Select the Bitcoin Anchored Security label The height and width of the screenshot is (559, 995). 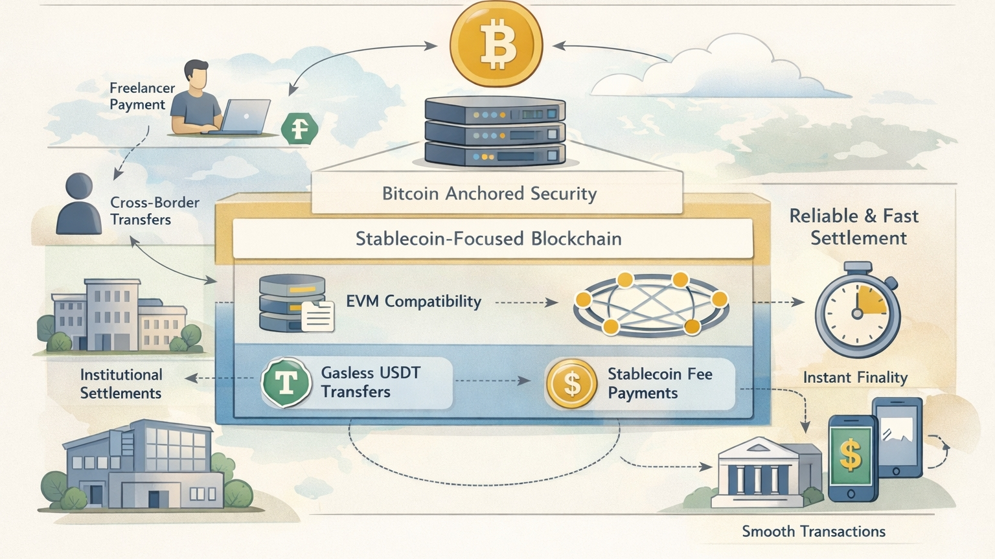(x=489, y=194)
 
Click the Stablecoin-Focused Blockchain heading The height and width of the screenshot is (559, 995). (x=488, y=239)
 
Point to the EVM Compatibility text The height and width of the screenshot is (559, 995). (x=413, y=302)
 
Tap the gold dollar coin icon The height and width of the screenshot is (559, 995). (x=571, y=383)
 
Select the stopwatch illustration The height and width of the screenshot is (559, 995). (x=857, y=311)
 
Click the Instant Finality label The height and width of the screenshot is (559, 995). (x=855, y=378)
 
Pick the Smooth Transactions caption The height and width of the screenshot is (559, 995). (x=813, y=532)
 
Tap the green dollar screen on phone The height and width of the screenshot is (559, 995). (x=851, y=455)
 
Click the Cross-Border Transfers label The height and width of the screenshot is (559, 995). (x=154, y=211)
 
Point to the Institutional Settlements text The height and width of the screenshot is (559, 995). (x=120, y=384)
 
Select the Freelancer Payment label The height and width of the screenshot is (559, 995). (x=142, y=97)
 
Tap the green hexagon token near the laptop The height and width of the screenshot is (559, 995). (x=299, y=128)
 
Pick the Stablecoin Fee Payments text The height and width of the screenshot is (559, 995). (x=659, y=383)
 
